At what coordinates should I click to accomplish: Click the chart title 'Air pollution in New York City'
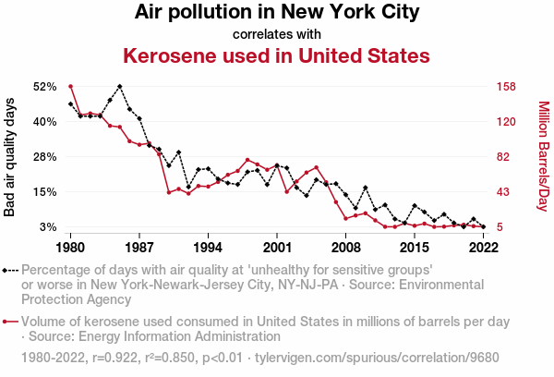point(277,13)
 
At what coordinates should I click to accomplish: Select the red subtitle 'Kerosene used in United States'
point(277,56)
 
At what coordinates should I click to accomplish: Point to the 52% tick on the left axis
point(45,87)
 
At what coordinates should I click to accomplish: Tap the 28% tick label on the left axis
point(45,157)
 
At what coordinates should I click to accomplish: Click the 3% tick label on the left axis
point(49,227)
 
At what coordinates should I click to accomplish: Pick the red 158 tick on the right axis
point(506,87)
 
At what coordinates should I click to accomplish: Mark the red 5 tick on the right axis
point(500,227)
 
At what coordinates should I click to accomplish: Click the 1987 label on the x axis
point(139,248)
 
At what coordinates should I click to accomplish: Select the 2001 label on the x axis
point(277,248)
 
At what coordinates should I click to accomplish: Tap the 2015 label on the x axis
point(415,248)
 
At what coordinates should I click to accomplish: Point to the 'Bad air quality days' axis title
point(10,157)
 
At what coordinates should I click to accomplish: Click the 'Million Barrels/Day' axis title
point(543,157)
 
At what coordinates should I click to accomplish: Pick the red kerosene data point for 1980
point(71,87)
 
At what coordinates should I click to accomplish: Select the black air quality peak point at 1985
point(120,86)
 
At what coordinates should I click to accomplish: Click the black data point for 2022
point(484,226)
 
